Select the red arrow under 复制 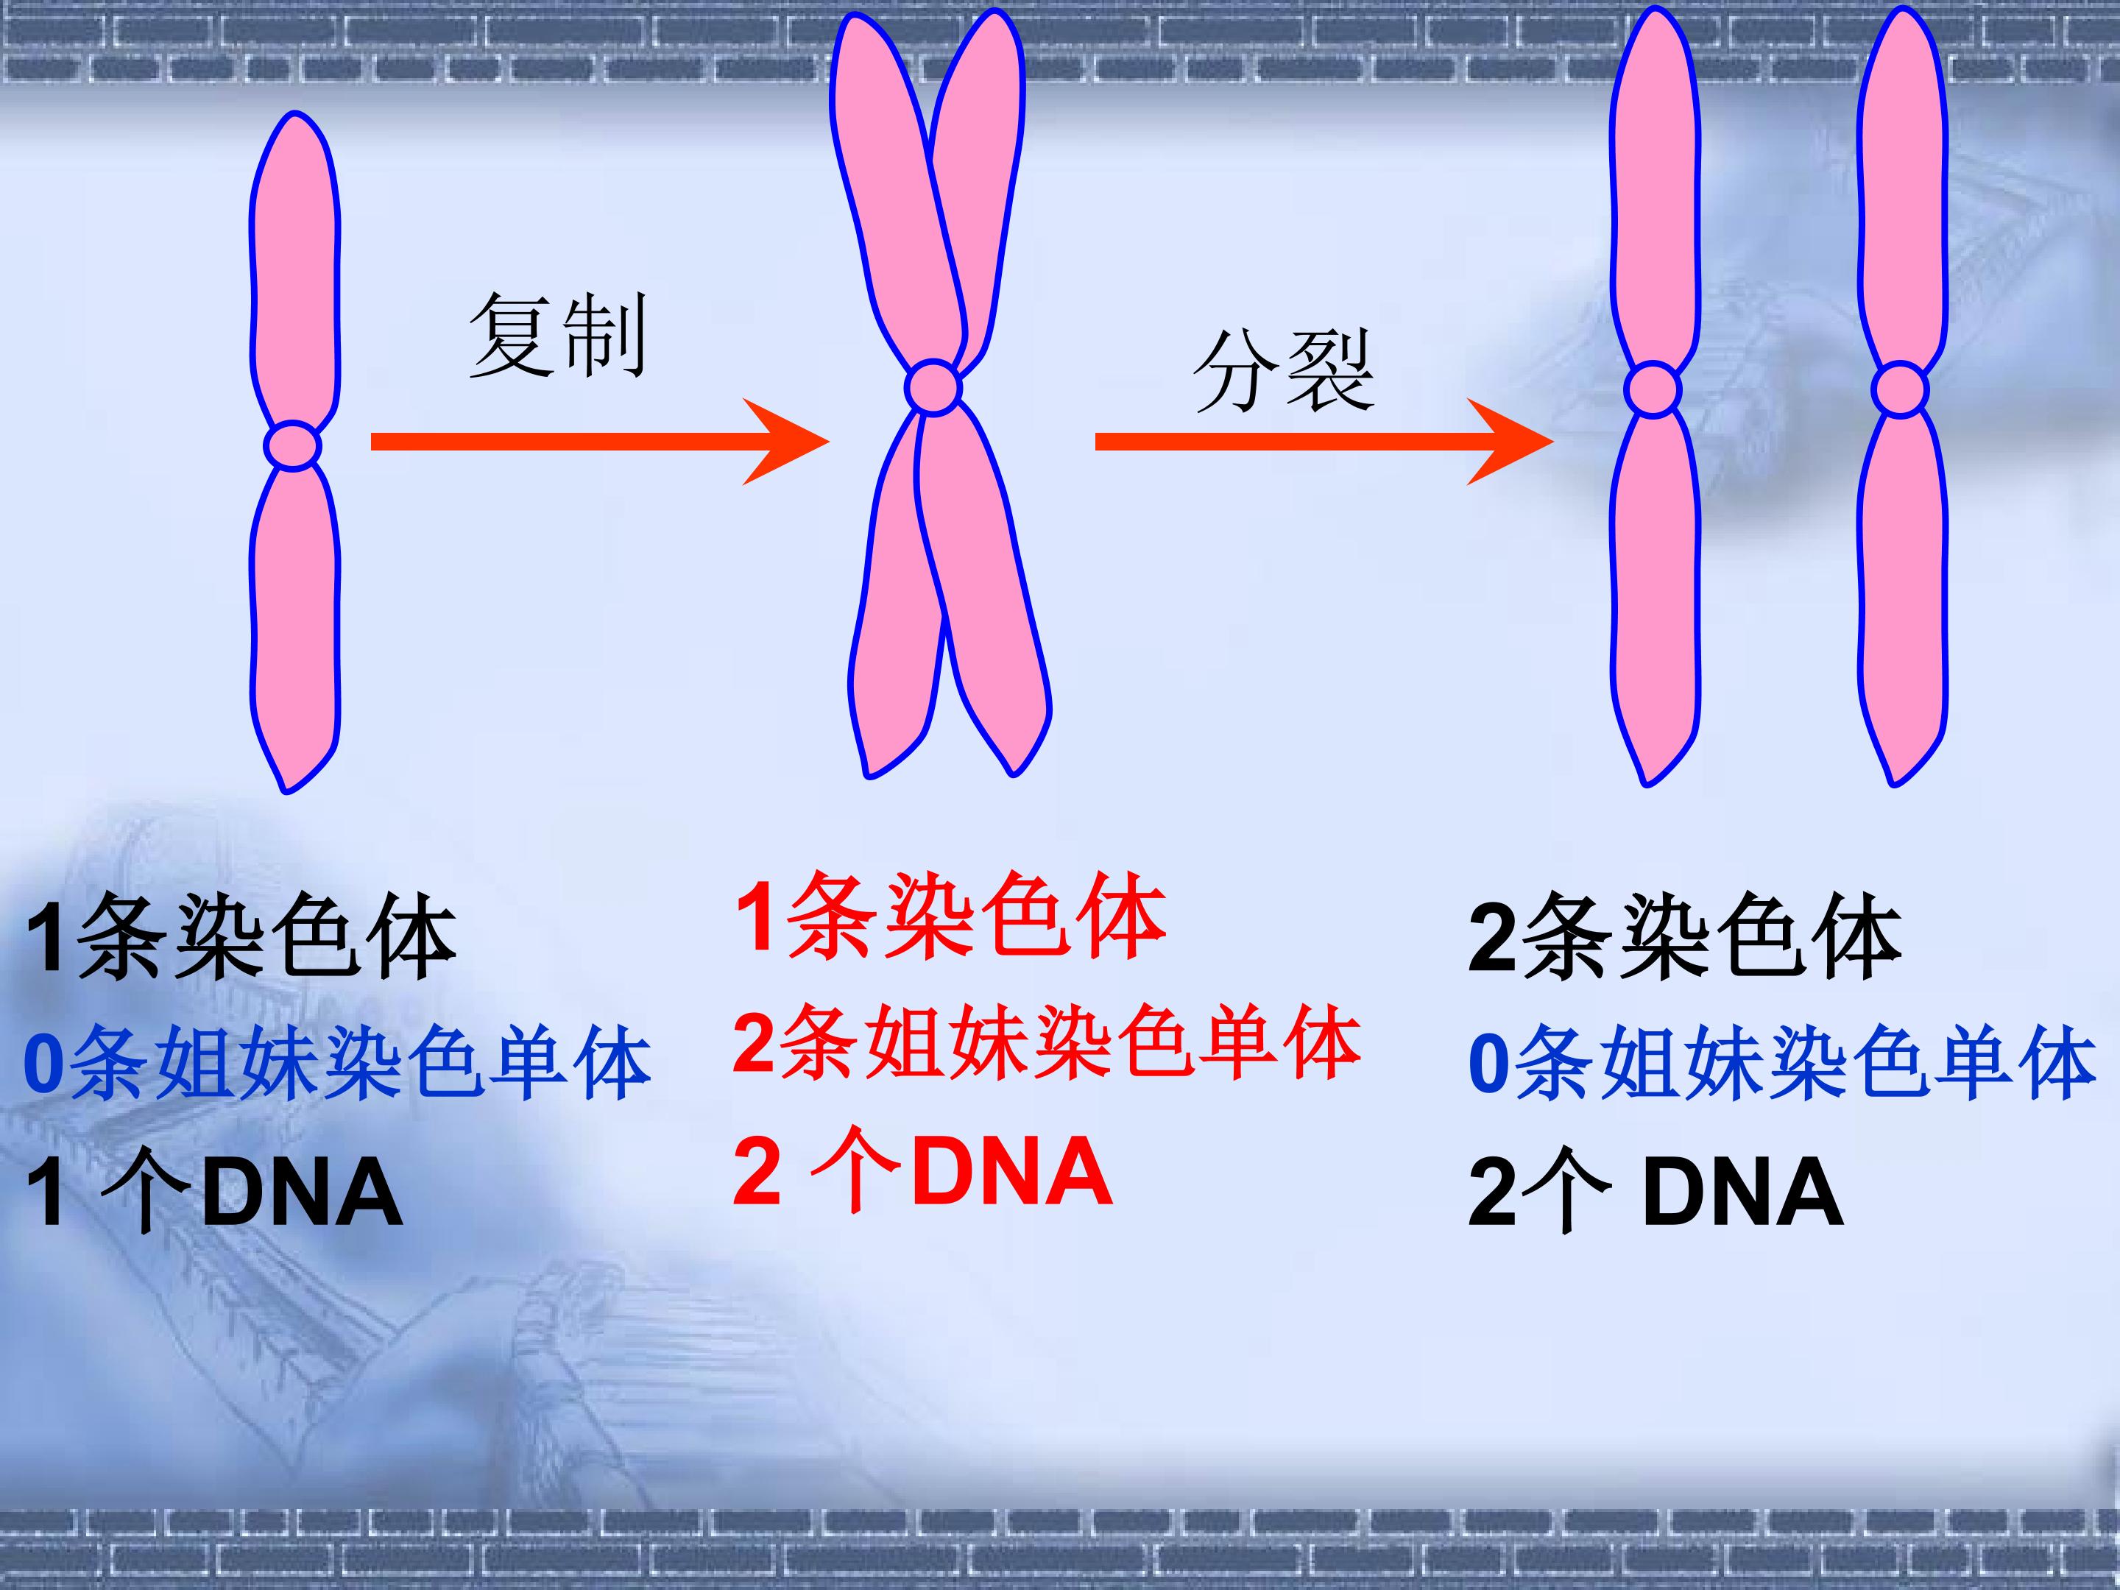(600, 442)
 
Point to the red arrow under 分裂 (1324, 442)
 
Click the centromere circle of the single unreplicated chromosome (293, 445)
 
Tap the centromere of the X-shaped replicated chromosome (933, 387)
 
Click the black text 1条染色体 (241, 937)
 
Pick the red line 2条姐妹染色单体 (1047, 1043)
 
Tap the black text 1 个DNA (213, 1191)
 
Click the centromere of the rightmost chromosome (1900, 390)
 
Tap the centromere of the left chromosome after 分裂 (1653, 390)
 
